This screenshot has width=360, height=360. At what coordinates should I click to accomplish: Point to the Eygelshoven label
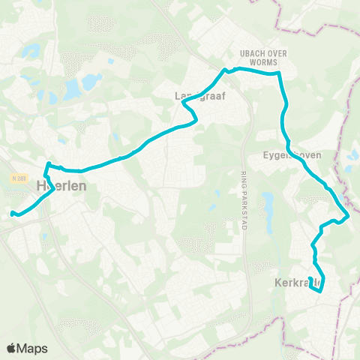(292, 155)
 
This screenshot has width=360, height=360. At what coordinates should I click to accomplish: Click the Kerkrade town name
(298, 283)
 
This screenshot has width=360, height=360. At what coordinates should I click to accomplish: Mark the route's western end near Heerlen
(12, 214)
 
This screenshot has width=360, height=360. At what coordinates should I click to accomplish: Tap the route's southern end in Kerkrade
(320, 292)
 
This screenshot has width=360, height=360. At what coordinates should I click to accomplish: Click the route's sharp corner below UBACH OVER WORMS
(279, 73)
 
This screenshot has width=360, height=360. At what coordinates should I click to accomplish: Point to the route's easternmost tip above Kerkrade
(349, 217)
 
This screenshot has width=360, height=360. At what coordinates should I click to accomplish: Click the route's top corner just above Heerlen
(49, 164)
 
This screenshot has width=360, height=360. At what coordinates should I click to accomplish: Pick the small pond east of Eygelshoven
(353, 155)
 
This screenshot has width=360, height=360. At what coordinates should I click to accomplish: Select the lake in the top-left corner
(31, 51)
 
